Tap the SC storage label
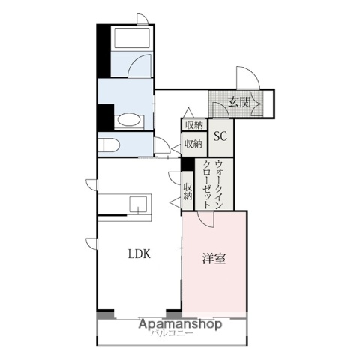[x=221, y=136]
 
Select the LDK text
[x=138, y=253]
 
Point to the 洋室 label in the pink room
[x=214, y=259]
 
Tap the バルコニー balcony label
[x=172, y=334]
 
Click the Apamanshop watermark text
[x=180, y=324]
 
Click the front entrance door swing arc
[x=247, y=77]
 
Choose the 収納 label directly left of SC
[x=193, y=143]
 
